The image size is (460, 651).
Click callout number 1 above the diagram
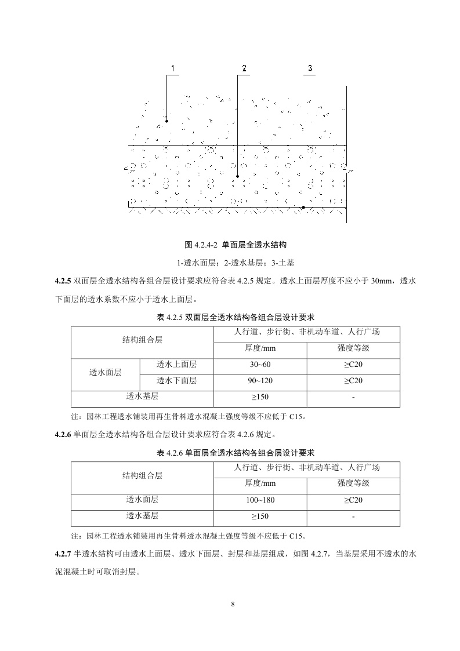point(172,68)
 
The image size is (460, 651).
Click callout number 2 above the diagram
point(244,68)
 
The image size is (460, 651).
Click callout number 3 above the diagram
point(310,68)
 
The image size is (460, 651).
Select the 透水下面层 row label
point(176,381)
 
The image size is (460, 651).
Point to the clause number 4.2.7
point(62,554)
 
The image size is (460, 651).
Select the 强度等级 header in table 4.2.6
point(353,483)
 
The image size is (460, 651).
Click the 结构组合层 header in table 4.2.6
point(142,475)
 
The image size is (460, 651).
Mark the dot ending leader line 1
point(166,121)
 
